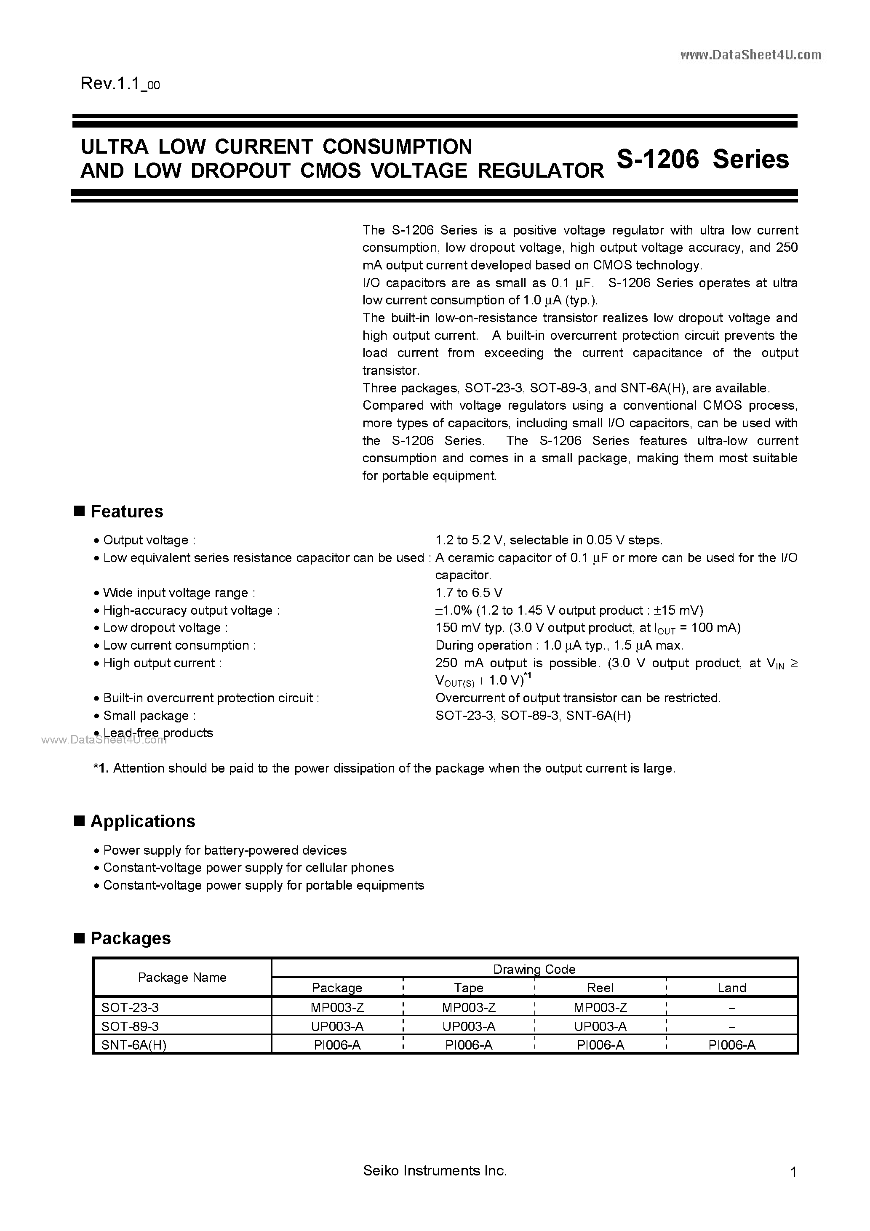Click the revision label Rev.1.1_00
point(120,84)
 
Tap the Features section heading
point(127,512)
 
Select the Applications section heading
point(143,821)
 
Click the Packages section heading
point(131,938)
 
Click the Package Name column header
point(182,978)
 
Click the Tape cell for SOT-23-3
point(468,1007)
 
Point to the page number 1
point(793,1172)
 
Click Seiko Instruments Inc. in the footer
point(435,1171)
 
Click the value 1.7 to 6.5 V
point(469,593)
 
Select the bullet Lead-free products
point(158,733)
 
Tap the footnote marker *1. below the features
point(101,768)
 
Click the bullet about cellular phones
point(248,868)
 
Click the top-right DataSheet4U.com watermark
point(750,55)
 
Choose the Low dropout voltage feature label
point(162,628)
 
